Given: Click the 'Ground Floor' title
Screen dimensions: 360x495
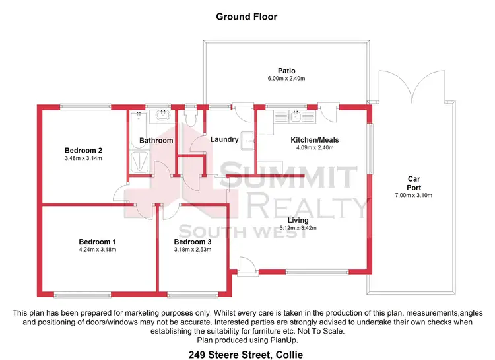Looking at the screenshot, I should [x=247, y=16].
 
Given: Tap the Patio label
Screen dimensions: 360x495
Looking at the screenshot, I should [x=286, y=71].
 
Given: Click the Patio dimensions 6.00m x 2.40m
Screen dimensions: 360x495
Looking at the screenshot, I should [x=286, y=79].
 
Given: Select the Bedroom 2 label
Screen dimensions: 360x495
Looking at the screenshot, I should [x=83, y=150].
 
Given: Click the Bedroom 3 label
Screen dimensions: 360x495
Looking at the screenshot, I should [x=193, y=242].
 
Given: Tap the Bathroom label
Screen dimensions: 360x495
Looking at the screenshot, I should [x=156, y=140].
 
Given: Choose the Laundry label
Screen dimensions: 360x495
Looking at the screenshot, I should [x=224, y=139].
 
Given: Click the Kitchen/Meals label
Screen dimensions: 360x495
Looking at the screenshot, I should [x=313, y=139].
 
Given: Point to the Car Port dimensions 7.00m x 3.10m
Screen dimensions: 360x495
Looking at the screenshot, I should [x=414, y=196].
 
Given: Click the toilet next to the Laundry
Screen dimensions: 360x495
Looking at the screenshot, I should [x=191, y=118].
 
